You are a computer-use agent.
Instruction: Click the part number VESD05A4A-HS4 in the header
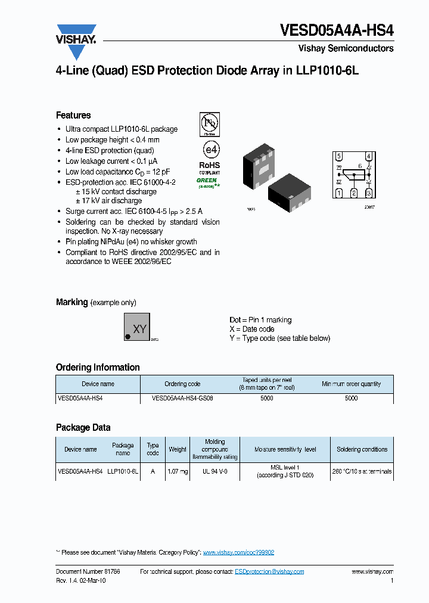coord(337,31)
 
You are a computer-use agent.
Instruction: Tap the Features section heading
coord(73,115)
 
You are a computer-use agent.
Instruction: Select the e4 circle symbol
coord(209,148)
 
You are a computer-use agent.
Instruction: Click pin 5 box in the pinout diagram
coord(339,157)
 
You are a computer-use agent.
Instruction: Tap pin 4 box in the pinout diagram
coord(369,157)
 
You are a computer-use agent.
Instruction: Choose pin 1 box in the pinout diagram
coord(339,192)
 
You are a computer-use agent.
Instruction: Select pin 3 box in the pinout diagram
coord(369,192)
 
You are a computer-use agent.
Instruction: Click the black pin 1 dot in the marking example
coord(128,337)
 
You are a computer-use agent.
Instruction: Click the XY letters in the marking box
coord(139,328)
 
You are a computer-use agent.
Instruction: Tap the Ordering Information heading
coord(98,367)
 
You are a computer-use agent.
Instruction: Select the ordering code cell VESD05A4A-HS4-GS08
coord(182,398)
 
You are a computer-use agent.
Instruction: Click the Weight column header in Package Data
coord(178,449)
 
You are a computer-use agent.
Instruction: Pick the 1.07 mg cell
coord(178,471)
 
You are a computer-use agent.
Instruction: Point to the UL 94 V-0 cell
coord(215,471)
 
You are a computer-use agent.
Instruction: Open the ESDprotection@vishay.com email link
coord(269,571)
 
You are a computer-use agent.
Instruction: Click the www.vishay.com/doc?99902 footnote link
coord(238,552)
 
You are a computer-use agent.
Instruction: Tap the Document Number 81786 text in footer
coord(88,571)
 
